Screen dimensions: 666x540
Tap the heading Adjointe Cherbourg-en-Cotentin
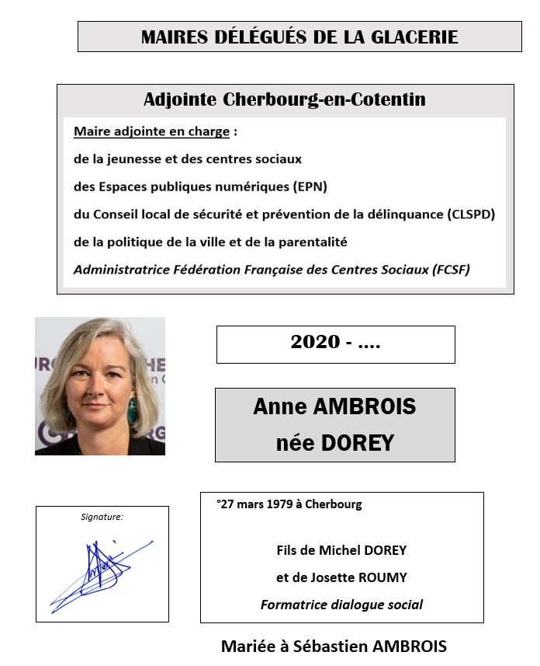click(x=284, y=100)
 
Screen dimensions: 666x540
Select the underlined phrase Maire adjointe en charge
click(x=151, y=131)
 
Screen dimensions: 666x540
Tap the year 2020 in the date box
click(x=315, y=342)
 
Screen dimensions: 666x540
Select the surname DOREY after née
click(x=359, y=443)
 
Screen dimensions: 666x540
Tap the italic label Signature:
click(x=102, y=516)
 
